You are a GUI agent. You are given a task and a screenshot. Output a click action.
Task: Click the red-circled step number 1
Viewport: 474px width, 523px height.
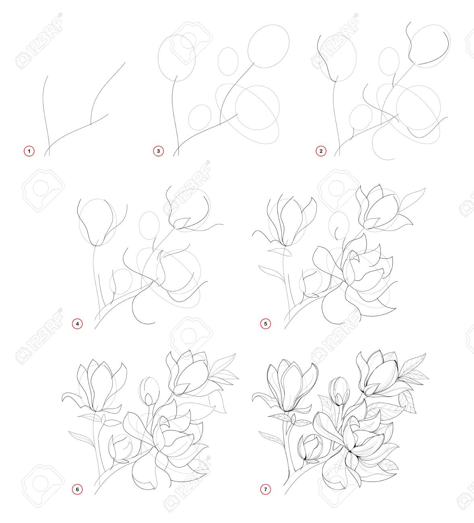click(29, 151)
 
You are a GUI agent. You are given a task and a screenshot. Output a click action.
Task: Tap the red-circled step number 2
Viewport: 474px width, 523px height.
click(321, 151)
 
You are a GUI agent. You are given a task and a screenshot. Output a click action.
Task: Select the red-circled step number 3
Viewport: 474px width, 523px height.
click(158, 151)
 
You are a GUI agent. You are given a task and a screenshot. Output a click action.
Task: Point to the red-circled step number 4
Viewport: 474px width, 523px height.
click(77, 324)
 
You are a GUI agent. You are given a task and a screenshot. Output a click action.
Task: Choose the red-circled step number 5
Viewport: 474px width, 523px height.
click(265, 324)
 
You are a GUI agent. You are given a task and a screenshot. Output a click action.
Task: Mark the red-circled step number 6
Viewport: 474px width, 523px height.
click(77, 489)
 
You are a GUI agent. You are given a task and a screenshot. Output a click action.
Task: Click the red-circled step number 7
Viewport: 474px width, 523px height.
click(265, 489)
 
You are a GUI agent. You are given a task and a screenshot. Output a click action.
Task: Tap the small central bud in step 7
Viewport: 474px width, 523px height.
click(339, 391)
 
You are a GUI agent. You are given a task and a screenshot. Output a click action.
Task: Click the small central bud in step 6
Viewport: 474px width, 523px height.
click(149, 391)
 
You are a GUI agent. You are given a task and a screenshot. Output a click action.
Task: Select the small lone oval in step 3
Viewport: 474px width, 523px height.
click(228, 62)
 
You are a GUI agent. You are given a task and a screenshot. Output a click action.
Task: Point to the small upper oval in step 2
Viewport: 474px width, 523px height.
click(389, 62)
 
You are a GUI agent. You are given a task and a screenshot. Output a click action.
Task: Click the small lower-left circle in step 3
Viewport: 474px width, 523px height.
click(200, 117)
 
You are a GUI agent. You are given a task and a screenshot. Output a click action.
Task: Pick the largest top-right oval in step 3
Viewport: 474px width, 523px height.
click(269, 46)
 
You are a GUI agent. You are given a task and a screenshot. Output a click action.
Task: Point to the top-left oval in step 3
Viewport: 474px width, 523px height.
click(177, 58)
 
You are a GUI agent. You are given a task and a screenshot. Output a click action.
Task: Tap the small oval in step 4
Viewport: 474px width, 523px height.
click(149, 226)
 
